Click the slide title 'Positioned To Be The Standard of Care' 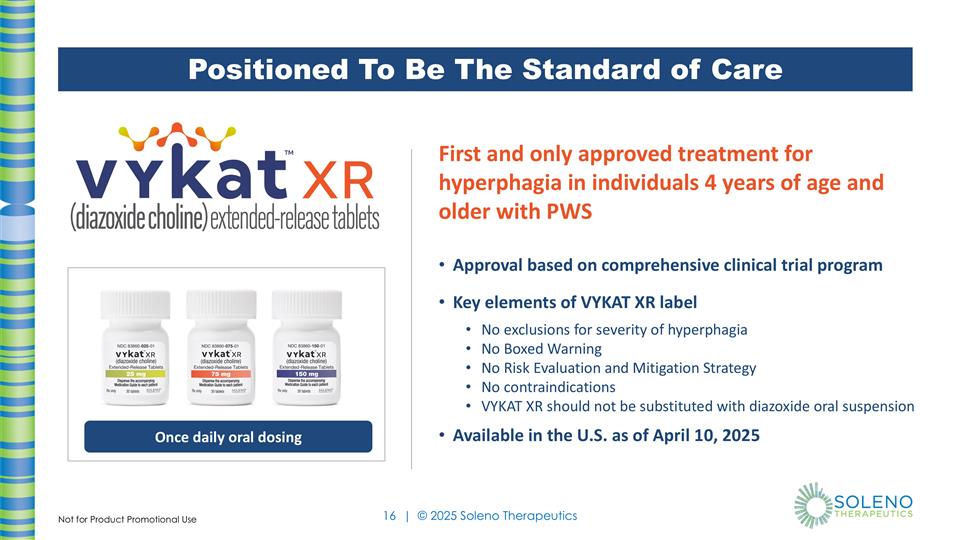(485, 69)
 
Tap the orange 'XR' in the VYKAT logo (338, 182)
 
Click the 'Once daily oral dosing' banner (227, 437)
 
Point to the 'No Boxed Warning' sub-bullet (541, 349)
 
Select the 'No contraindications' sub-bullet (548, 387)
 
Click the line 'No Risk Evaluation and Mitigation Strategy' (618, 368)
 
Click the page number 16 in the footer (390, 516)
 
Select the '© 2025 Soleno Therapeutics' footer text (497, 516)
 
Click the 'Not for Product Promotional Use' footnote (127, 519)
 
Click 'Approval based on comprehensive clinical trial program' (667, 265)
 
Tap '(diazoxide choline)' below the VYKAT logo (138, 219)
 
